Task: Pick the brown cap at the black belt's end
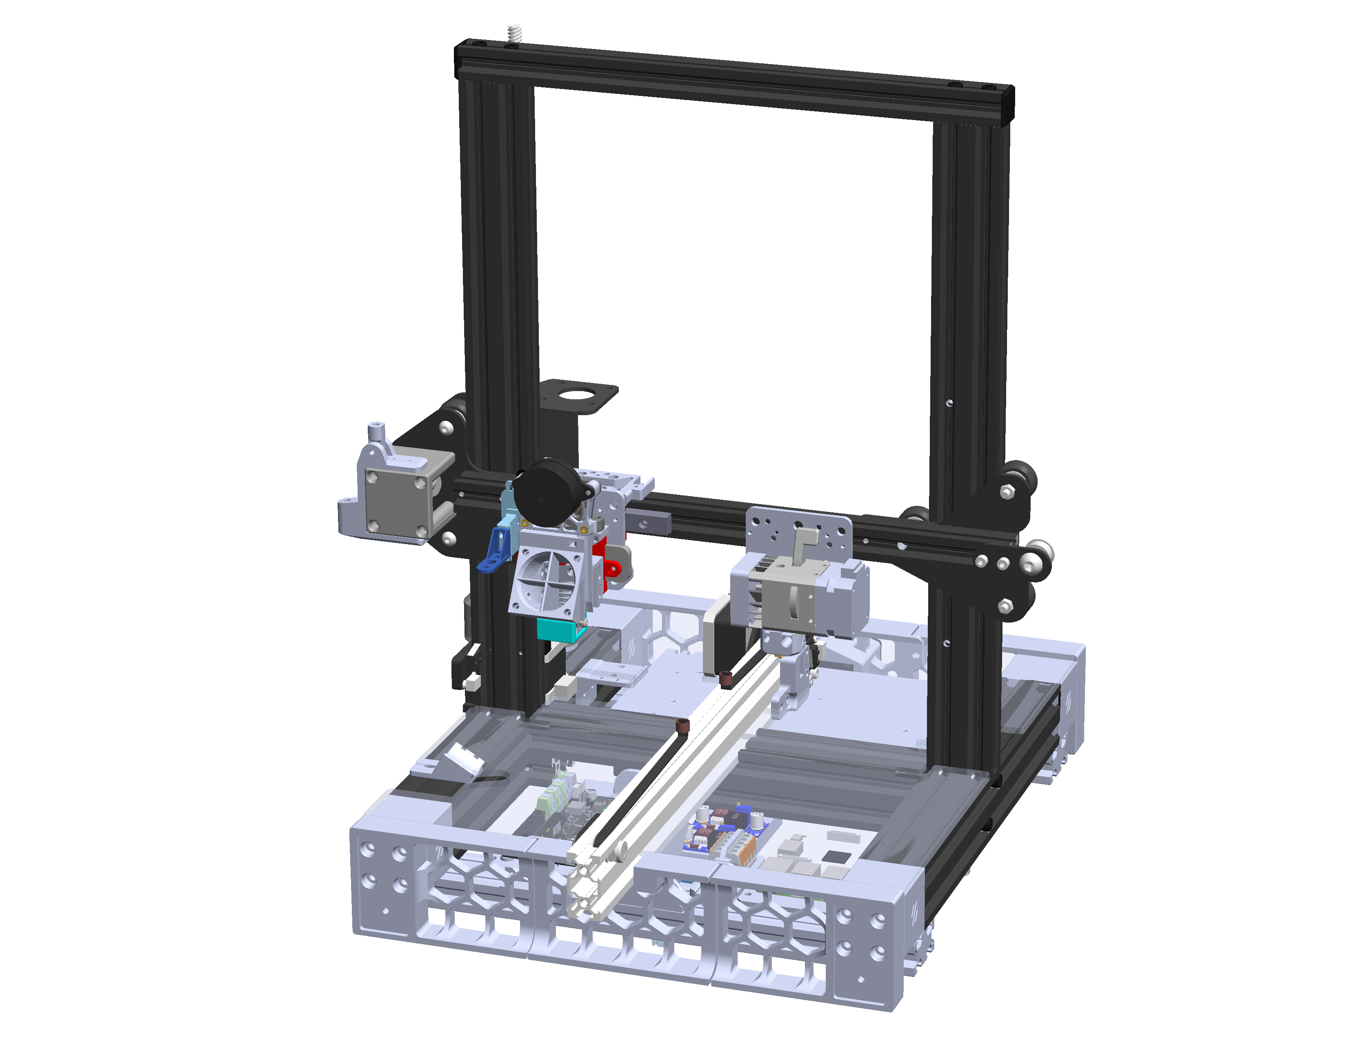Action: click(x=682, y=725)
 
